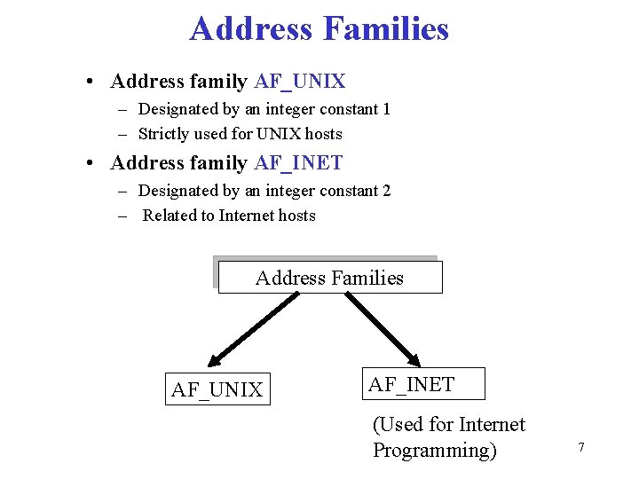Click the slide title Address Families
319,29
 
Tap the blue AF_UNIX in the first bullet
299,82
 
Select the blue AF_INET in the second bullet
298,163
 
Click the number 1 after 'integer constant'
385,109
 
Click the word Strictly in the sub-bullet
165,134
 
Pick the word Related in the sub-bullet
170,216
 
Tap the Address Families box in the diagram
329,278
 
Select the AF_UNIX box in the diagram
217,389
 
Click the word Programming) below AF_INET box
435,450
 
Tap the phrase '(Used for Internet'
448,425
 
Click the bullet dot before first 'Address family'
91,82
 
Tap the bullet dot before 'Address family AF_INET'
91,164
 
